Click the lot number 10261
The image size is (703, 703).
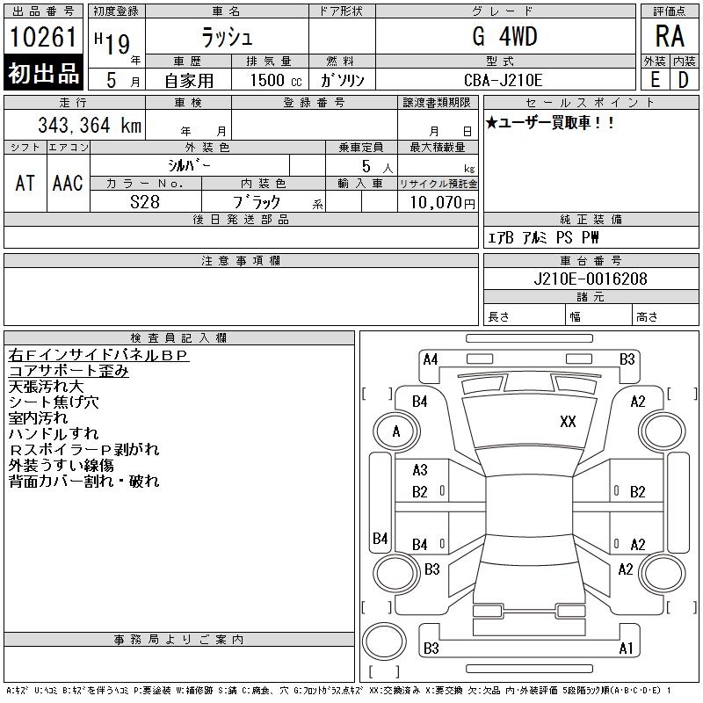click(43, 38)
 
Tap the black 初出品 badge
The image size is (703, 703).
click(43, 73)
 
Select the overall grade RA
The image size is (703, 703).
click(669, 38)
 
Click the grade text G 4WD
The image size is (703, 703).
click(504, 37)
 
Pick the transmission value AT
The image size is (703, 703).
click(25, 183)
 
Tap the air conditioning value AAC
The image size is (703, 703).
click(68, 183)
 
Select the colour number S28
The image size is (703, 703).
click(145, 202)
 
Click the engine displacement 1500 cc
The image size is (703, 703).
click(274, 80)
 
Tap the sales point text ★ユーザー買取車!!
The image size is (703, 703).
click(551, 123)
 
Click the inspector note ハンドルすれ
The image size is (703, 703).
click(54, 433)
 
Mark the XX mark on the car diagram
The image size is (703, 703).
click(568, 422)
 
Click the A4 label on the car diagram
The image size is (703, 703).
click(431, 359)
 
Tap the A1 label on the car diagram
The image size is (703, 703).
click(626, 649)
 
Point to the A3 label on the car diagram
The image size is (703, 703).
click(420, 470)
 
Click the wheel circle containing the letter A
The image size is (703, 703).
click(395, 431)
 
